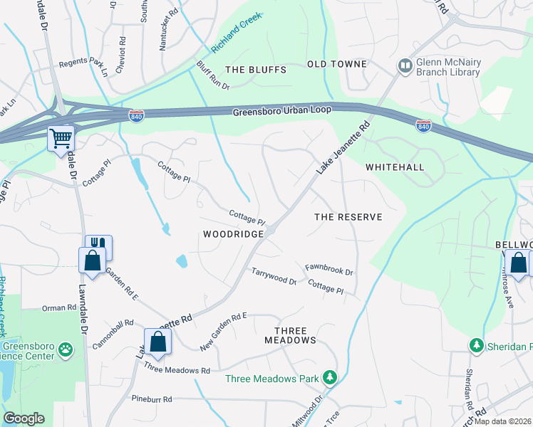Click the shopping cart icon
[61, 138]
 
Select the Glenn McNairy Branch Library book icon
[405, 66]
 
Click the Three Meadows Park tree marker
[329, 376]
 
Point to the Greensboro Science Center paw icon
[66, 349]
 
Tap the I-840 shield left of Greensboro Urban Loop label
[136, 115]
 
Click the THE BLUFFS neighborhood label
[255, 70]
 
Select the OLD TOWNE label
[336, 64]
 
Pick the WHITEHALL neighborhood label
[395, 167]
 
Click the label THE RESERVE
[348, 216]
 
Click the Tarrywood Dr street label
[274, 276]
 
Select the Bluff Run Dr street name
[212, 76]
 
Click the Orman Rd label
[58, 308]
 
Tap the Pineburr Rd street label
[152, 399]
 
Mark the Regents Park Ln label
[83, 67]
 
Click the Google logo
[24, 418]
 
